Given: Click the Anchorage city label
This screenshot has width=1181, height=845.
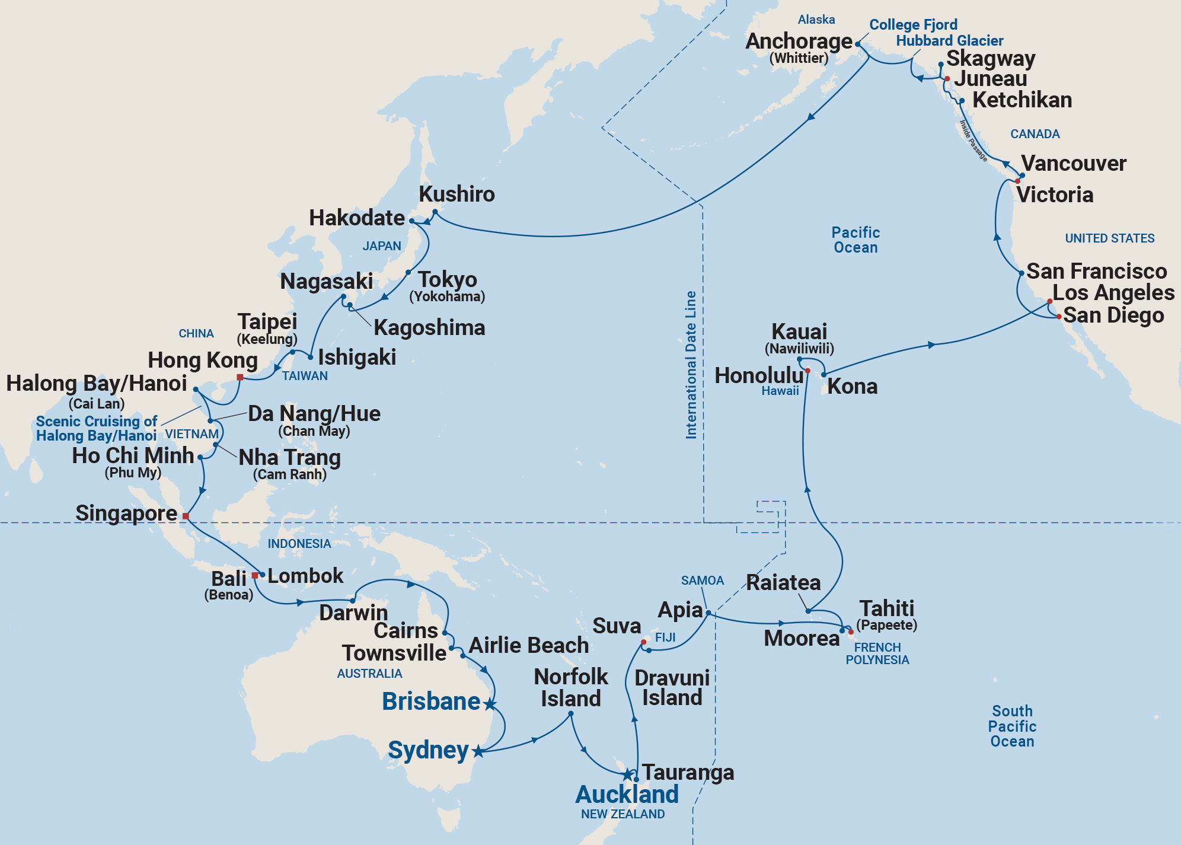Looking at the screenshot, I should (799, 42).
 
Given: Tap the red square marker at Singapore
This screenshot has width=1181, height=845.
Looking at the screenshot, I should (186, 516).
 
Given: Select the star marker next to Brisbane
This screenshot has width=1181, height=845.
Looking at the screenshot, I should (490, 704).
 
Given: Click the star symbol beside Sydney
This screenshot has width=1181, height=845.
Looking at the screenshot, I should (478, 752).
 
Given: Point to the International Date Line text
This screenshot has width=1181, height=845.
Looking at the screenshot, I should (691, 365).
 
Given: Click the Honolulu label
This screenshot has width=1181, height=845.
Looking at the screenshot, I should (758, 376).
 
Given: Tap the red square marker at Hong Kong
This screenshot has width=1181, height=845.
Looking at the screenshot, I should (240, 377).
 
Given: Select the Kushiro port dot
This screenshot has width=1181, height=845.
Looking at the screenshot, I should (435, 212).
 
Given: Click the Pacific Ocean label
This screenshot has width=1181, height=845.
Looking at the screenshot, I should (856, 240).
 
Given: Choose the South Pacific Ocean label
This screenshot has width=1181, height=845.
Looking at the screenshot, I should (1012, 726).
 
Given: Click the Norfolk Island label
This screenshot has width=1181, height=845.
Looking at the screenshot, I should (570, 687).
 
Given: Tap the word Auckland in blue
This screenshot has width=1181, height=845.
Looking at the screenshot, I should (627, 794).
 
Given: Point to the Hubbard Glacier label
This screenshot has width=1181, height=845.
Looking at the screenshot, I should (949, 41).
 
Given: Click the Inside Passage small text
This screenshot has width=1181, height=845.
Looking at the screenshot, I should (973, 141).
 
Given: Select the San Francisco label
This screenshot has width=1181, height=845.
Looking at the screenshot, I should (1096, 271).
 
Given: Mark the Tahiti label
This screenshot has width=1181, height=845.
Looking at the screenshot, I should (887, 608).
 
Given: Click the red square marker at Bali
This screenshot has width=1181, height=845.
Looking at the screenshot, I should (255, 575).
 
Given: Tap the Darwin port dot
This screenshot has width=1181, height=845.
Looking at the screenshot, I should (352, 601).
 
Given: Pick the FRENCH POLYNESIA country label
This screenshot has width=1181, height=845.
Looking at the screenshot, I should (877, 653).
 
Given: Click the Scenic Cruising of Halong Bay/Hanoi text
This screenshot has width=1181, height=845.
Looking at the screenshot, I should (96, 428).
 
